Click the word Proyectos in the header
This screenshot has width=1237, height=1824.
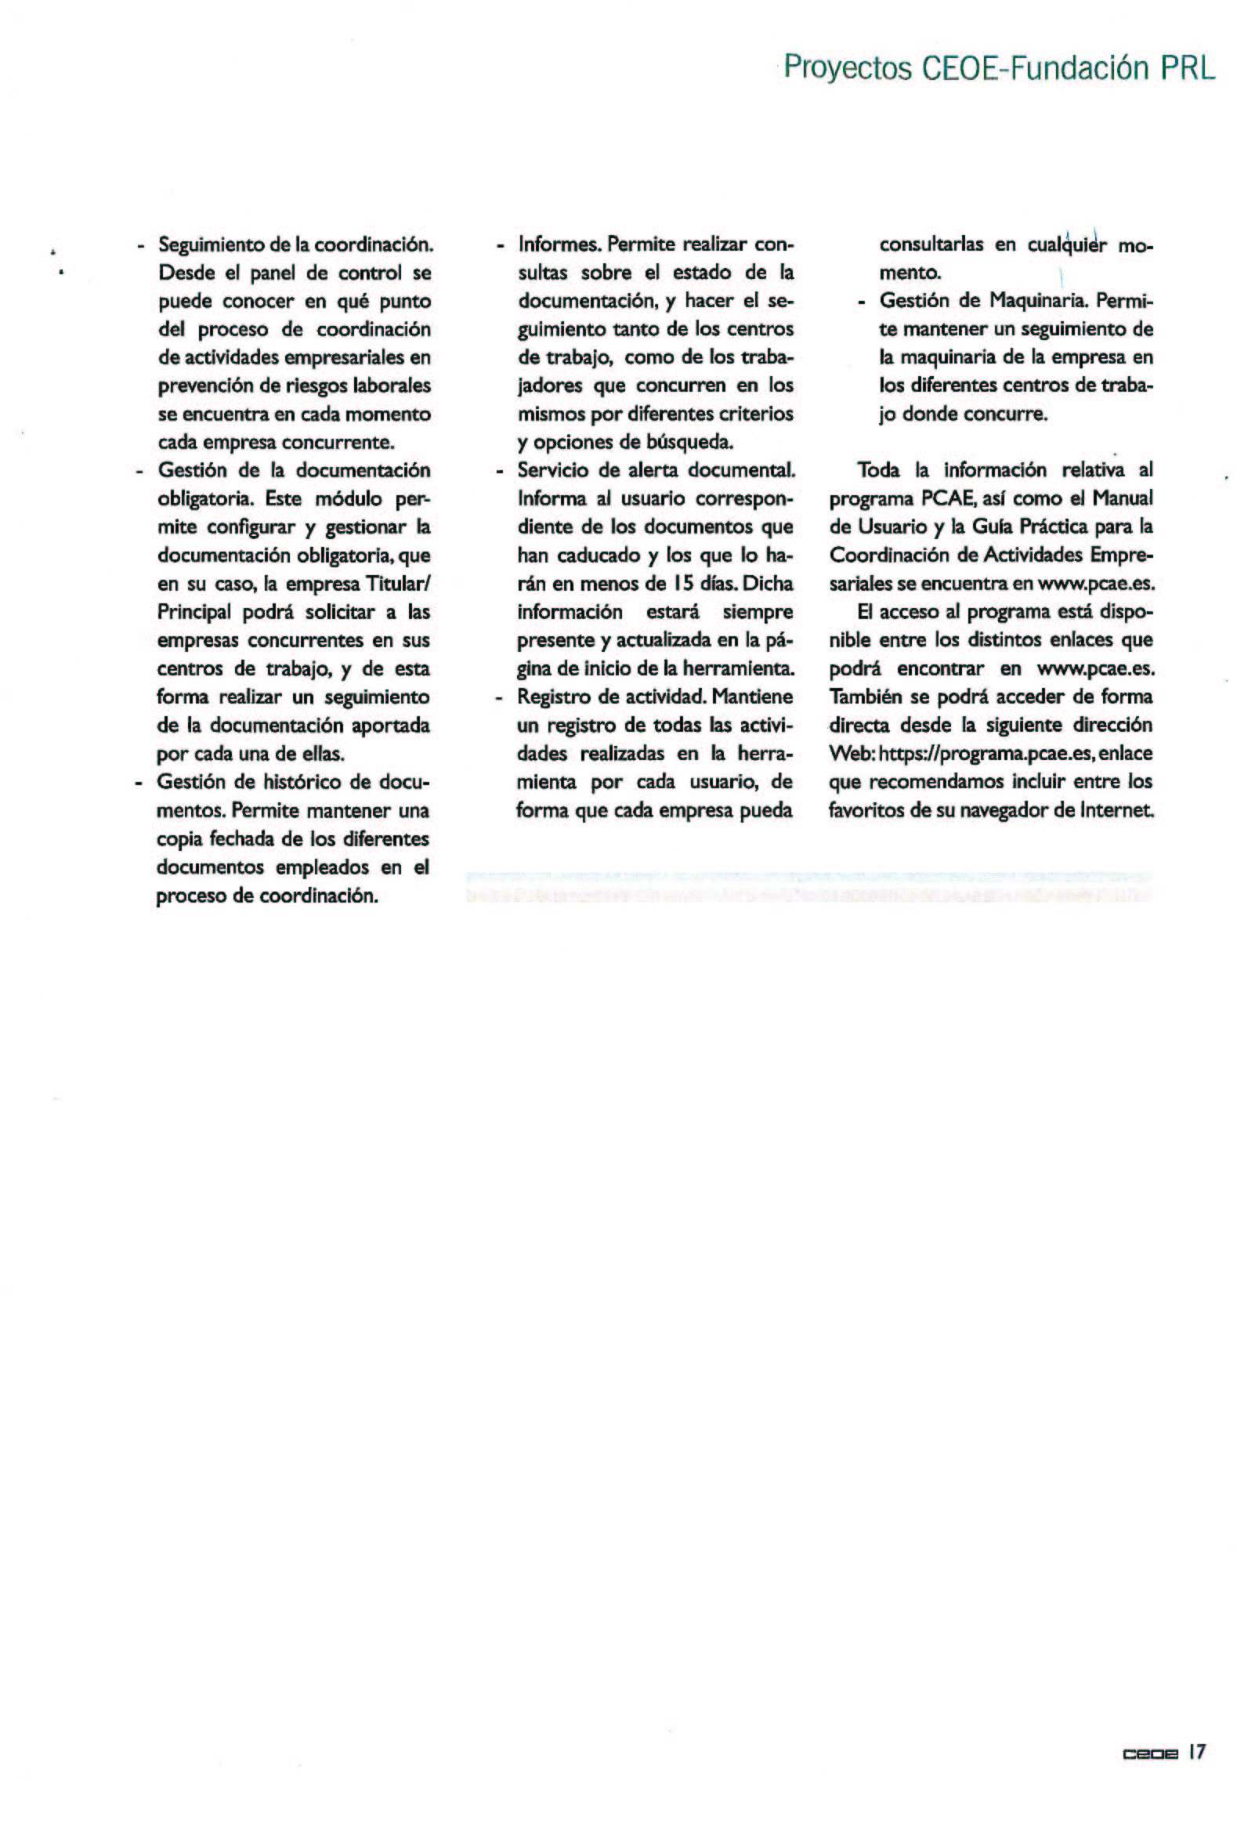tap(848, 68)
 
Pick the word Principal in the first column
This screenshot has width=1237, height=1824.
tap(194, 613)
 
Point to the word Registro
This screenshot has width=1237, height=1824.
tap(554, 697)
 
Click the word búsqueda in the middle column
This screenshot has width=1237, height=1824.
tap(693, 443)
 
